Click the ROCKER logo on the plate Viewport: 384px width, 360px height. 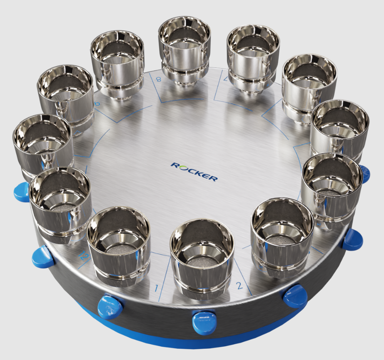point(194,171)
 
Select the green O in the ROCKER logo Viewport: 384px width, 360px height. point(181,167)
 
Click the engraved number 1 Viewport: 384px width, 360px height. point(157,288)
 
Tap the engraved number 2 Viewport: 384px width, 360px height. point(239,286)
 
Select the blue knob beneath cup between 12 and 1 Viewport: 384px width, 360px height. point(110,307)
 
